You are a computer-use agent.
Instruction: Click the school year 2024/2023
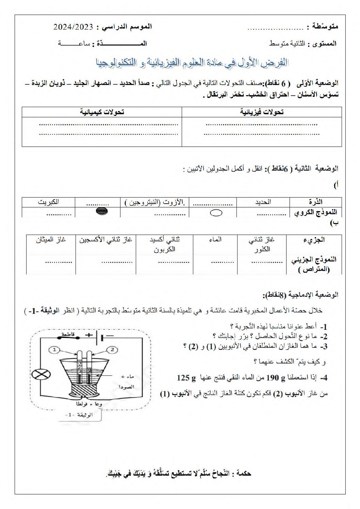[73, 27]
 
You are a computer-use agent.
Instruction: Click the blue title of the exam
[192, 63]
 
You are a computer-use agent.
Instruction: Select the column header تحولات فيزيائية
[262, 112]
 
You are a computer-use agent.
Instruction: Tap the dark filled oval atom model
[102, 211]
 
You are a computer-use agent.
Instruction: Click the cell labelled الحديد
[263, 202]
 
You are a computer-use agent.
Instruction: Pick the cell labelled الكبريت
[48, 202]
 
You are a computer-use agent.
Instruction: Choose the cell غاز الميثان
[51, 239]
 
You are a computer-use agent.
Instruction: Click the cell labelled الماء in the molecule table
[215, 239]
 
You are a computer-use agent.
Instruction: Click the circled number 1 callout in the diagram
[55, 349]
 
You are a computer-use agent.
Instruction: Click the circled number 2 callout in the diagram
[113, 349]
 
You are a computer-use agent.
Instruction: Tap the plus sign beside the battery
[89, 335]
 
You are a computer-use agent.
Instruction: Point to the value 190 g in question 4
[281, 377]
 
